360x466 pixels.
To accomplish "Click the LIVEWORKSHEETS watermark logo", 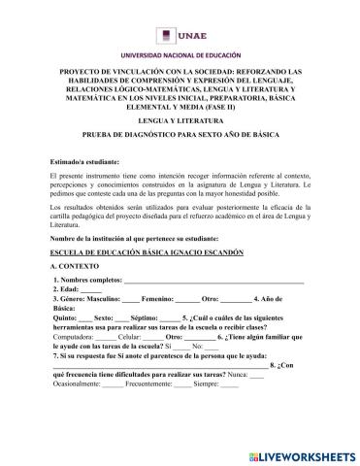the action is pos(291,454).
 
